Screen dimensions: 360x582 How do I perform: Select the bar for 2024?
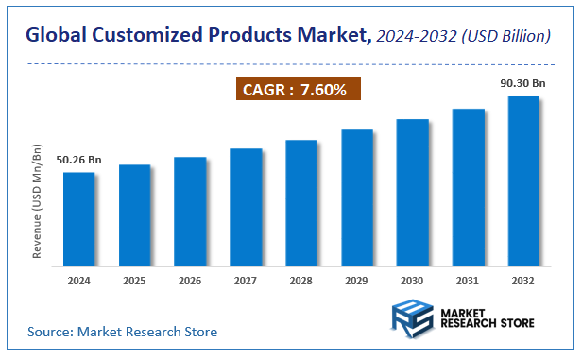pyautogui.click(x=78, y=218)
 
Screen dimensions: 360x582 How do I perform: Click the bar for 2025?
pyautogui.click(x=134, y=214)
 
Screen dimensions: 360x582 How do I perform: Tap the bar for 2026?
pyautogui.click(x=190, y=211)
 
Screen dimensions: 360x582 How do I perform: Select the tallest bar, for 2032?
pyautogui.click(x=523, y=180)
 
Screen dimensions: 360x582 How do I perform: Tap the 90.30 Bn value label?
pyautogui.click(x=523, y=84)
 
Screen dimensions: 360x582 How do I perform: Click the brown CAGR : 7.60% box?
pyautogui.click(x=297, y=90)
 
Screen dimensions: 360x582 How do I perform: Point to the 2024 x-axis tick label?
pyautogui.click(x=78, y=282)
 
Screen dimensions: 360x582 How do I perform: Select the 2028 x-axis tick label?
pyautogui.click(x=301, y=282)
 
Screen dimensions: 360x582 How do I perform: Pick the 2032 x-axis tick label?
pyautogui.click(x=523, y=282)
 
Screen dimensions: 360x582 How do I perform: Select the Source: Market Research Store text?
pyautogui.click(x=122, y=332)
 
